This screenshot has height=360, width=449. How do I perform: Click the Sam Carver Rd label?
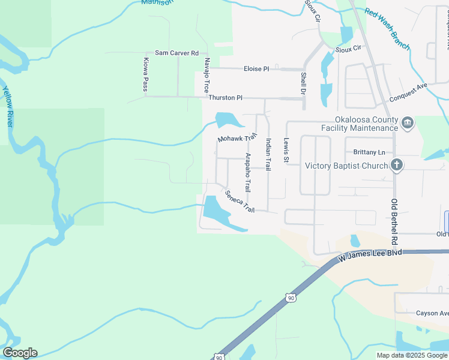point(176,53)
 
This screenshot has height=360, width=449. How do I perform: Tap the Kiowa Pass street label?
point(145,74)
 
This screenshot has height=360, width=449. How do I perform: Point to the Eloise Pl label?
point(256,69)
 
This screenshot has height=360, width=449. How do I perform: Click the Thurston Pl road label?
point(225,97)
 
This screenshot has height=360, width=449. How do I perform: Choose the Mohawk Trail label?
point(237,139)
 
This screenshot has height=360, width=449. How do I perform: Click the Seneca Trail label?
point(240,202)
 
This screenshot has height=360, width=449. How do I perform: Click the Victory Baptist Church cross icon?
point(396,165)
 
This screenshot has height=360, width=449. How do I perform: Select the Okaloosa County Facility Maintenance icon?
point(408,124)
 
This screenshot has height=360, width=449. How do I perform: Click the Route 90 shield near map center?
point(291,298)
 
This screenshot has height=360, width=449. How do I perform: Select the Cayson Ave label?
point(432,313)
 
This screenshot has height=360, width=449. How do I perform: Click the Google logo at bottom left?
point(20,353)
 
